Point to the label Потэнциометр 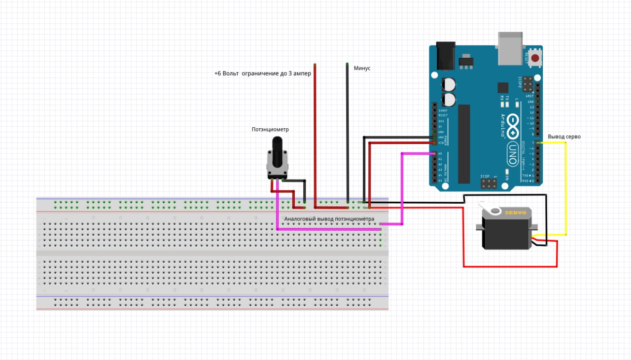click(270, 130)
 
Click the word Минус click(362, 69)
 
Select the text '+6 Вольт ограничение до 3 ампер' click(262, 73)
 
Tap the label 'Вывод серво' click(564, 137)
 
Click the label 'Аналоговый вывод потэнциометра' click(329, 218)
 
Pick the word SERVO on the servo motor click(515, 212)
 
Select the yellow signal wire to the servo click(565, 187)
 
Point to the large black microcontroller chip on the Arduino click(464, 144)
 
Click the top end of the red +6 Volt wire click(315, 66)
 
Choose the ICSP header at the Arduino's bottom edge click(489, 184)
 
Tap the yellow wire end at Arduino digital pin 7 click(541, 143)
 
